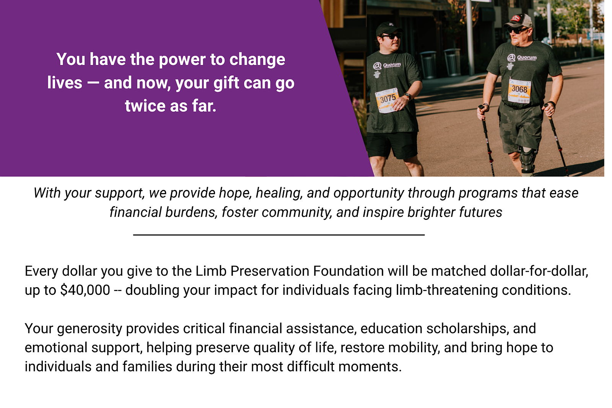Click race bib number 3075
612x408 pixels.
pyautogui.click(x=387, y=100)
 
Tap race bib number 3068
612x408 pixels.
pyautogui.click(x=519, y=91)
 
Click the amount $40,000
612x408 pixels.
pyautogui.click(x=85, y=290)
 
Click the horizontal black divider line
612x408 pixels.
pyautogui.click(x=279, y=234)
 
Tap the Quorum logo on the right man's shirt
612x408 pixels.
pyautogui.click(x=522, y=58)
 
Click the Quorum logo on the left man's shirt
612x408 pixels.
pyautogui.click(x=387, y=65)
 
